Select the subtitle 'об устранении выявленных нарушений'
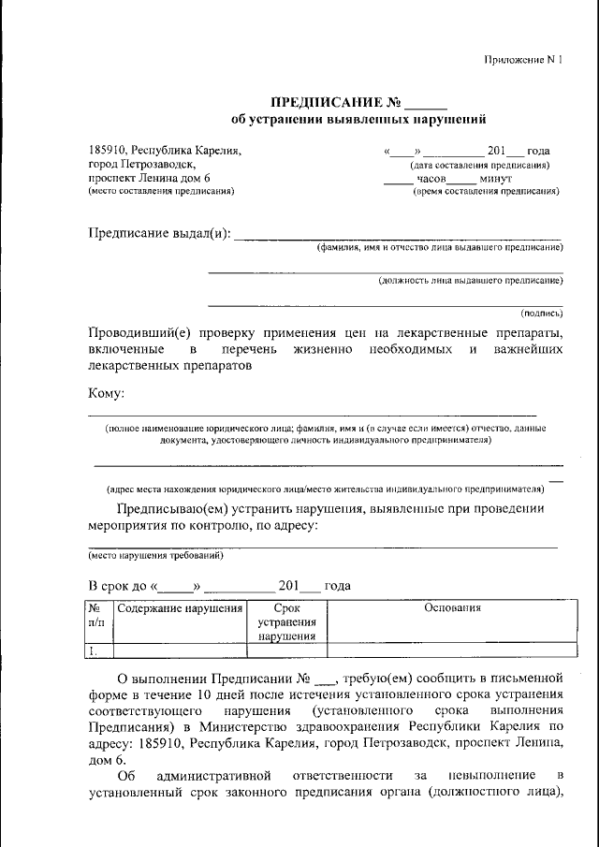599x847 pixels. point(358,120)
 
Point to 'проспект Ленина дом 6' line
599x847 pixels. point(150,178)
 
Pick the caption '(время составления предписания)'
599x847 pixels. point(487,191)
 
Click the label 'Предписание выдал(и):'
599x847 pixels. point(158,233)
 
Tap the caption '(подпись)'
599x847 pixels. point(541,314)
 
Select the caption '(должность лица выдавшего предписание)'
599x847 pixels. point(470,280)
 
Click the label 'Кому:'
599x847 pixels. point(106,394)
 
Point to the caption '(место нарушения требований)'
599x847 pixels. point(156,555)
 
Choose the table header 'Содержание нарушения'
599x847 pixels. point(181,608)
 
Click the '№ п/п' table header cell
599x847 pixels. point(97,614)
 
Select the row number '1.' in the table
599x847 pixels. point(93,649)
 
